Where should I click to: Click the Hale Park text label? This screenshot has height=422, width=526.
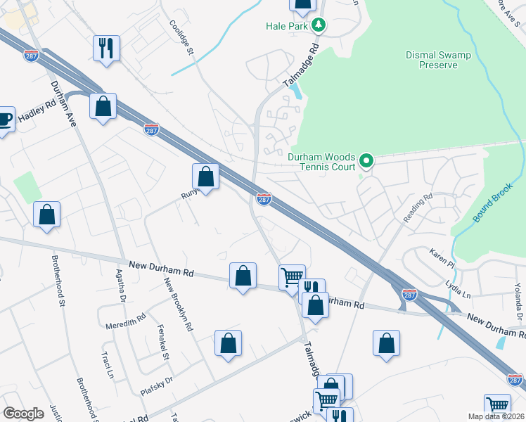[288, 26]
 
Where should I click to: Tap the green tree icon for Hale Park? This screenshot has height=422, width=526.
[319, 25]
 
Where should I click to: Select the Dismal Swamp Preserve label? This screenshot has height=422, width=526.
[441, 60]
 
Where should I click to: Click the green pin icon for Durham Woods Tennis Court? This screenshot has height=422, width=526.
[366, 162]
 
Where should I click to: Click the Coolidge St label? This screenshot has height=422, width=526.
[181, 35]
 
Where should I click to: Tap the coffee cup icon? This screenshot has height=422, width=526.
[4, 119]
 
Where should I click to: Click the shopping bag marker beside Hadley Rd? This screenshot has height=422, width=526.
[103, 106]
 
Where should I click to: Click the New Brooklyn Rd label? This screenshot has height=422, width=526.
[179, 304]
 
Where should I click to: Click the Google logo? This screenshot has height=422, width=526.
[23, 414]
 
